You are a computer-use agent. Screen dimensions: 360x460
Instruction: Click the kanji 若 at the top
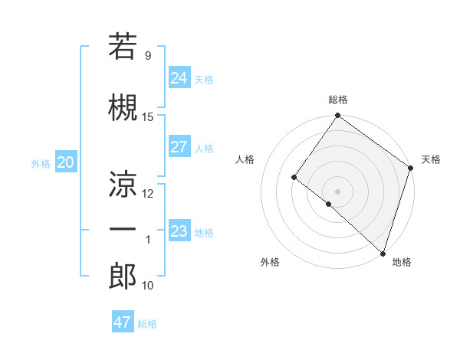pos(123,47)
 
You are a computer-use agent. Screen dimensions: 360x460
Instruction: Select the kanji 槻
pos(123,107)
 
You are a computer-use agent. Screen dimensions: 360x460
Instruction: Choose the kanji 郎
pos(123,277)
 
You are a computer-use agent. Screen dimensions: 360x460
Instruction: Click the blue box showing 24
pos(179,78)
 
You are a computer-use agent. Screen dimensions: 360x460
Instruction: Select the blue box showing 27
pos(179,147)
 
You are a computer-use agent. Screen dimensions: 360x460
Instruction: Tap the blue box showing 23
pos(179,231)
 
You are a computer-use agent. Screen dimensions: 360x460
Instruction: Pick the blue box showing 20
pos(65,162)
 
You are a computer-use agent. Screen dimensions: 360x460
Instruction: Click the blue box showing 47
pos(123,322)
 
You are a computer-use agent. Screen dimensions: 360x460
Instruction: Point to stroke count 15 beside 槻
pos(148,116)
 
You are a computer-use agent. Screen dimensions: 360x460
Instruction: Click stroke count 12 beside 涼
pos(148,193)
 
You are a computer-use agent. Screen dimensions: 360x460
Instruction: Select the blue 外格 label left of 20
pos(41,163)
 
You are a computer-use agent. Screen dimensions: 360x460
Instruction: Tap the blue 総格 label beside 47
pos(147,324)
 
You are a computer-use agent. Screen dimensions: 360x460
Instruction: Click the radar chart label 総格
pos(337,100)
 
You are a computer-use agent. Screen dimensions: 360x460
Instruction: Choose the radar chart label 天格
pos(431,159)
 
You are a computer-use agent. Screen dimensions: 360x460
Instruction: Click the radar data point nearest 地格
pos(383,253)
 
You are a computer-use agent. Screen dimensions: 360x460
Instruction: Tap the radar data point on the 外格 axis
pos(329,204)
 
